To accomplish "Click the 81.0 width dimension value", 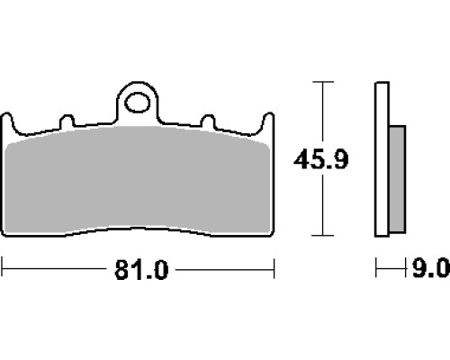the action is (x=141, y=270).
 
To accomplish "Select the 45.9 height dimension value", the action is (x=321, y=159).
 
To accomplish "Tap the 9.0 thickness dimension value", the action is (x=431, y=268).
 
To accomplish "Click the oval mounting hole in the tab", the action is (x=138, y=103).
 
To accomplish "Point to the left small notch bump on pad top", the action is (x=67, y=121).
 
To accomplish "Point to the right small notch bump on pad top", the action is (x=208, y=121).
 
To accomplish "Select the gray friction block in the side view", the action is (x=398, y=179).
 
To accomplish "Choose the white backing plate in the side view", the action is (x=382, y=159).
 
